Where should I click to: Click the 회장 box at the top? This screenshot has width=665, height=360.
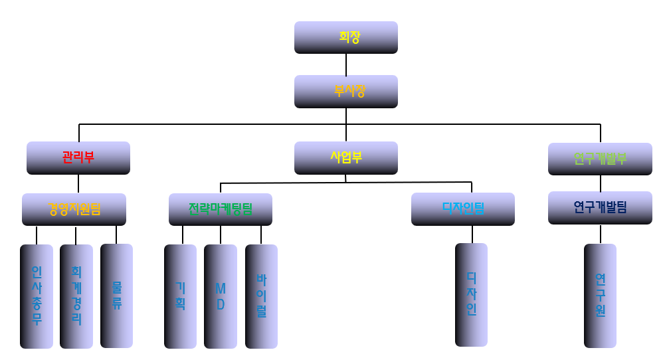point(345,37)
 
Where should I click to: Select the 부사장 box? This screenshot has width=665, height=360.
point(345,91)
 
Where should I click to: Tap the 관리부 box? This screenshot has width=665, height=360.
point(78,157)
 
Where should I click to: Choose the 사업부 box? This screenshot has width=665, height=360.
point(345,157)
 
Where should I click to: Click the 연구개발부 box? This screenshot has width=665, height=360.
point(600,159)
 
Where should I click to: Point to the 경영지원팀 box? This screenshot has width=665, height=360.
point(74,209)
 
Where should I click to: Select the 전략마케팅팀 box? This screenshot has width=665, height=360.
point(220,209)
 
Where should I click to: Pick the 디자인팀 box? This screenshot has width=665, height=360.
point(462,209)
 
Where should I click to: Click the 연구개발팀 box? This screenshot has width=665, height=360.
point(600,207)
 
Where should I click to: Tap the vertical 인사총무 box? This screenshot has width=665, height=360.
point(37,296)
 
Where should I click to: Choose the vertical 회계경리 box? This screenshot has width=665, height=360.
point(76,296)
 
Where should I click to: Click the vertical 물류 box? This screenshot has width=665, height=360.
point(116,296)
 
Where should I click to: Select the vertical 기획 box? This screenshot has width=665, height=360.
point(180,296)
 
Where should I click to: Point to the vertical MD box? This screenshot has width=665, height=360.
point(221,296)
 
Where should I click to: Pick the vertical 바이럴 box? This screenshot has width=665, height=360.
point(261,296)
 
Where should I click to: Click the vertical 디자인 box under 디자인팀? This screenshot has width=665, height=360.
point(471,294)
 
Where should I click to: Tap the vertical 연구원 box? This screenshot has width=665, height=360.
point(600,296)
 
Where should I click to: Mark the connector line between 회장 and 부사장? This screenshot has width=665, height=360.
point(346,64)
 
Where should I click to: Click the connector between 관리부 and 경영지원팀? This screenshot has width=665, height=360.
point(78,184)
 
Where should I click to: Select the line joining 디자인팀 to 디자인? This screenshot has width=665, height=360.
point(472,234)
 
